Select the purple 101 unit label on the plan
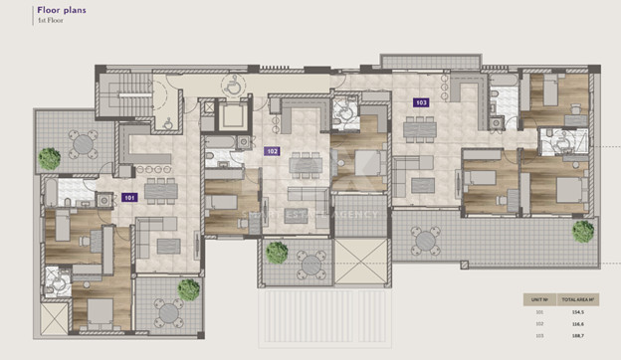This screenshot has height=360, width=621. [129, 198]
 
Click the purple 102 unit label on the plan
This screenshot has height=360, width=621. [272, 152]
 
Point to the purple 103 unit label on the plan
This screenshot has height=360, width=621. [420, 101]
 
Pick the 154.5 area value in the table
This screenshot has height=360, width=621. [577, 311]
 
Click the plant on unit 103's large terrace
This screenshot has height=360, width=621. [583, 231]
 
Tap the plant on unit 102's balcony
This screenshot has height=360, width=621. [277, 253]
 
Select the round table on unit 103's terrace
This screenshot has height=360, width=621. [428, 239]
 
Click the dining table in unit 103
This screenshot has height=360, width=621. [418, 128]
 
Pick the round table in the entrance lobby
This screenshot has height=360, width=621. [233, 86]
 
